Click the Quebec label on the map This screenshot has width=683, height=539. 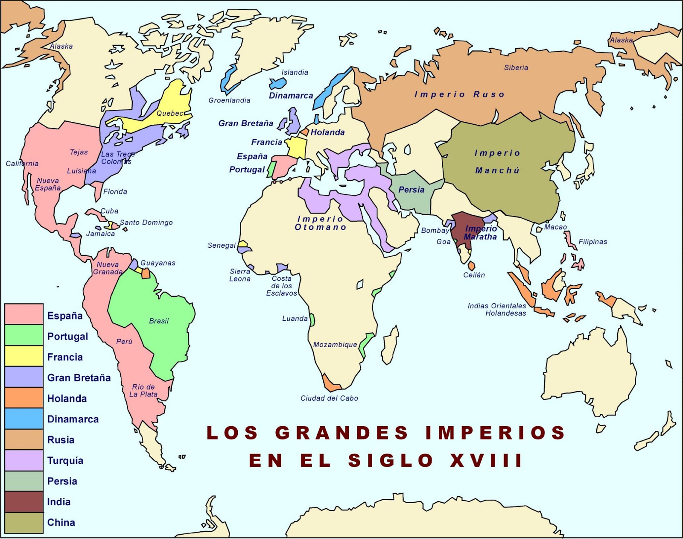170,113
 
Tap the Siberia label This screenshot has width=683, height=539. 516,67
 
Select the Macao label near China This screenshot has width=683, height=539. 555,227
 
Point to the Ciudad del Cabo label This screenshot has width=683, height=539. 329,398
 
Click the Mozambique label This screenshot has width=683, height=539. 335,345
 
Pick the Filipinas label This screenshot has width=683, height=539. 593,242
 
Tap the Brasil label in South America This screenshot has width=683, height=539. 159,321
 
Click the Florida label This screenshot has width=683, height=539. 115,191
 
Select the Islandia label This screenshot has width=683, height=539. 295,72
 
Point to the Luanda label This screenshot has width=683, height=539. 295,318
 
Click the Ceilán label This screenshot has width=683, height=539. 474,275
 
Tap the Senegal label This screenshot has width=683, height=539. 221,245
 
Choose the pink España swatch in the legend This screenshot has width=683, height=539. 24,314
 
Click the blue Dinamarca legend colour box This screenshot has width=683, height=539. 24,419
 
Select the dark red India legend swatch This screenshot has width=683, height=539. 24,501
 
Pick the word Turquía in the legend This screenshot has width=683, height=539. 65,460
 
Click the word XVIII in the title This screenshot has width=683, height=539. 486,460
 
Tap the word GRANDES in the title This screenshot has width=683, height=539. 341,433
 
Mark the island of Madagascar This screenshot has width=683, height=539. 390,344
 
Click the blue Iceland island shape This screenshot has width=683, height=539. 277,83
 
